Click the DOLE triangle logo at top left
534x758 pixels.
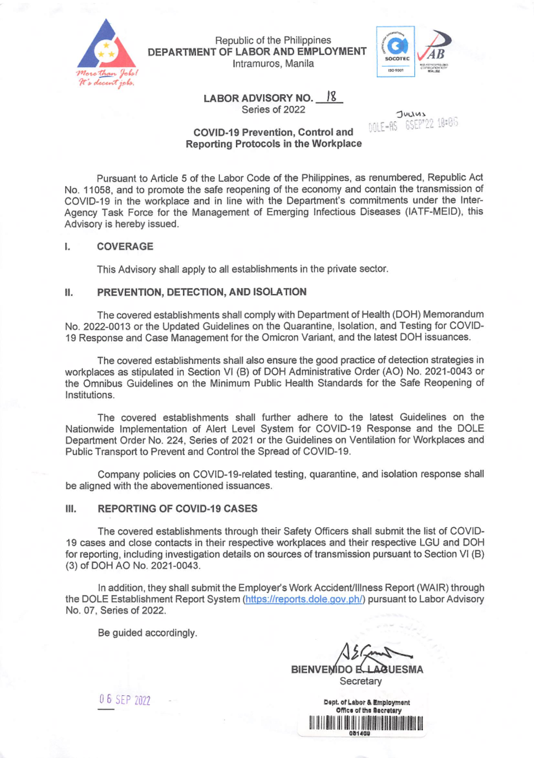pyautogui.click(x=106, y=47)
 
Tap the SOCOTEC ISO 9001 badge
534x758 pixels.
pyautogui.click(x=396, y=52)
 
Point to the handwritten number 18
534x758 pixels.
pyautogui.click(x=331, y=97)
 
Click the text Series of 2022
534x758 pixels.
pyautogui.click(x=273, y=110)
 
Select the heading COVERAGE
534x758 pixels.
pyautogui.click(x=125, y=246)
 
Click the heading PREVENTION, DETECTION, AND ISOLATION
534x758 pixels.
pyautogui.click(x=202, y=292)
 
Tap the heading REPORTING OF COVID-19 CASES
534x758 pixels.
pyautogui.click(x=178, y=508)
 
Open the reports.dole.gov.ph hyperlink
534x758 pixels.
pyautogui.click(x=304, y=599)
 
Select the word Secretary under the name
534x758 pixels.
pyautogui.click(x=360, y=681)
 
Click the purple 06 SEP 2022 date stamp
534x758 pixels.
pyautogui.click(x=125, y=700)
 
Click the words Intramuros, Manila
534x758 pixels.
pyautogui.click(x=273, y=64)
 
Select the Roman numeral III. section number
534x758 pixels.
pyautogui.click(x=71, y=509)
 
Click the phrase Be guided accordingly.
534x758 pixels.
pyautogui.click(x=147, y=633)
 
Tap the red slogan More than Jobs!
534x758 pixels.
pyautogui.click(x=107, y=73)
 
